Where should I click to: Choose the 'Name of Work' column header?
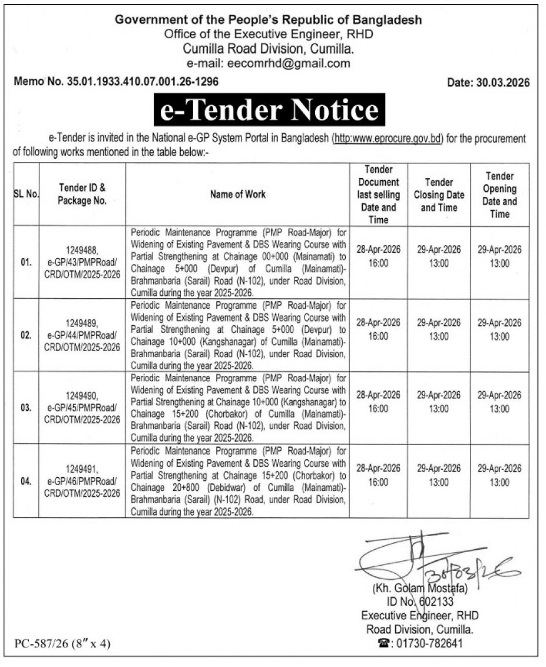[237, 194]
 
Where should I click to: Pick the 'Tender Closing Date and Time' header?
[439, 194]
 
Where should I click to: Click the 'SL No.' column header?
[26, 194]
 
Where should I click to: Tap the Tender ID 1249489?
[82, 323]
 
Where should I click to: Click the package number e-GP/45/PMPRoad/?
[82, 407]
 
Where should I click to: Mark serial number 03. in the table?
[26, 407]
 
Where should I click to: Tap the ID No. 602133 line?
[419, 602]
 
